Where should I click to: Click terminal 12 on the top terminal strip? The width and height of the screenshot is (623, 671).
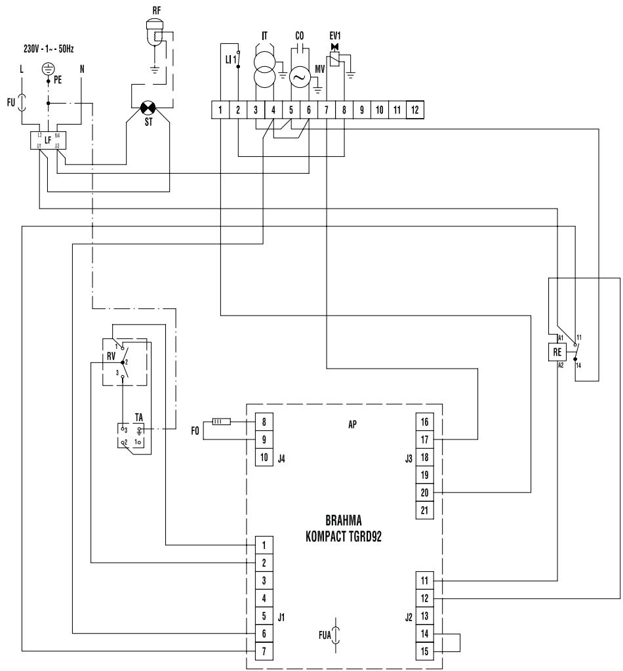coord(414,110)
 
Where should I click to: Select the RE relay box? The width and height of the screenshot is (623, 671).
coord(557,352)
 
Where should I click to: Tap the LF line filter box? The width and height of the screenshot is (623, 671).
coord(48,140)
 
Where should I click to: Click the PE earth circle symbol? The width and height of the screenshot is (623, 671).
coord(48,68)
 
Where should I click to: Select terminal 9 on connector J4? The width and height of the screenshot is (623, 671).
coord(264,439)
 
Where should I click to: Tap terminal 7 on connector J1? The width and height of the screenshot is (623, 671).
coord(264,651)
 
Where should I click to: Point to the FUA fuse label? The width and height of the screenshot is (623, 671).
coord(321,635)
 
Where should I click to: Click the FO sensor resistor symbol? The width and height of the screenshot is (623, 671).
coord(219,422)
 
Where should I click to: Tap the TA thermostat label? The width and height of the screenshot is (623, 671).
coord(139,417)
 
